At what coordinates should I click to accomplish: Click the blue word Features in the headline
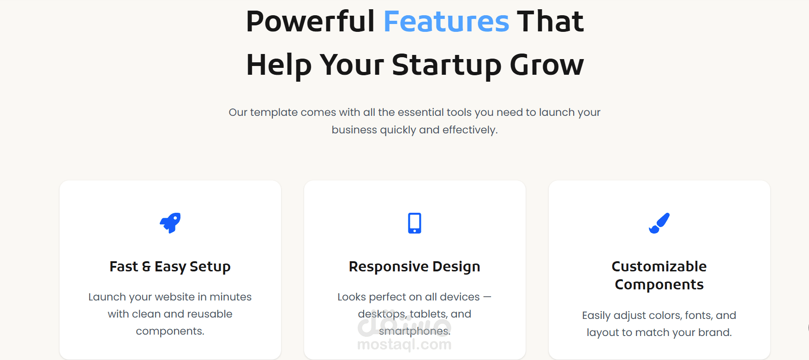coord(446,21)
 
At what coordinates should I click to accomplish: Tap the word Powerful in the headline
coord(311,21)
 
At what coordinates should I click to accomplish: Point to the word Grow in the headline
coord(547,65)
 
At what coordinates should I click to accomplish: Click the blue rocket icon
coord(170,223)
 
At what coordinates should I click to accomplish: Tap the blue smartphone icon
coord(414,223)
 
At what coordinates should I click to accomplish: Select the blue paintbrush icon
coord(659,223)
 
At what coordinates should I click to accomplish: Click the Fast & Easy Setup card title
coord(170,267)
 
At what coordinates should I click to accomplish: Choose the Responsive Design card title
coord(414,267)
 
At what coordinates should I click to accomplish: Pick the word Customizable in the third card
coord(659,266)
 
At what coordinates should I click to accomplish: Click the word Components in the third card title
coord(659,285)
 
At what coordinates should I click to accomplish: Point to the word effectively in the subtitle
coord(469,130)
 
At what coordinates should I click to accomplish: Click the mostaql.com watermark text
coord(404,344)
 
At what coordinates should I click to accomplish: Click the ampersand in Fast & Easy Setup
coord(146,267)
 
